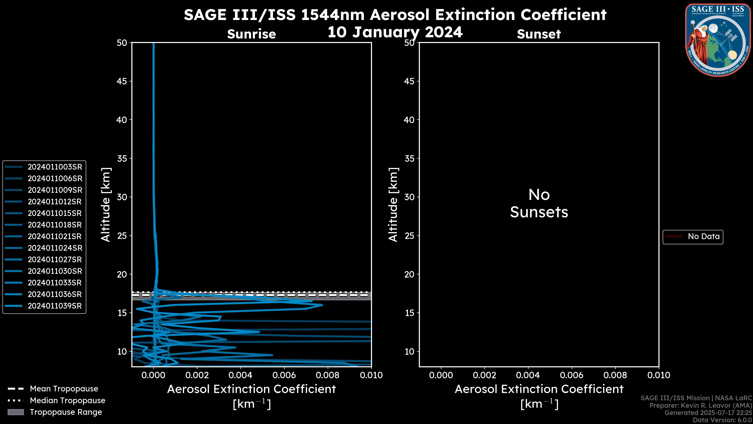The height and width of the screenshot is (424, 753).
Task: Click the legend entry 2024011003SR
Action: (x=55, y=167)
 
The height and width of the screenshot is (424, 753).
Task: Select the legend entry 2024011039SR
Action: (x=55, y=306)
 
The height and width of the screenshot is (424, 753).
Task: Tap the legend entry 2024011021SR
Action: (x=55, y=236)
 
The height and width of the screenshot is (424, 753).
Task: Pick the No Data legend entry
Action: (x=703, y=236)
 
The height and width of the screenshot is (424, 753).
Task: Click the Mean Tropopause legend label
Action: (x=64, y=389)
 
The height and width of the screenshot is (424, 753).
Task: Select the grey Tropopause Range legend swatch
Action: (x=16, y=412)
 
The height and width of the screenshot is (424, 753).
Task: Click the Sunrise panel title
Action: (x=251, y=34)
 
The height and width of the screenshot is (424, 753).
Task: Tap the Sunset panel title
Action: (x=539, y=34)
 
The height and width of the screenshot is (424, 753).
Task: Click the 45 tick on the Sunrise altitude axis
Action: (x=122, y=81)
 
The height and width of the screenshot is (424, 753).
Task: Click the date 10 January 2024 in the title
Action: (x=395, y=32)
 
